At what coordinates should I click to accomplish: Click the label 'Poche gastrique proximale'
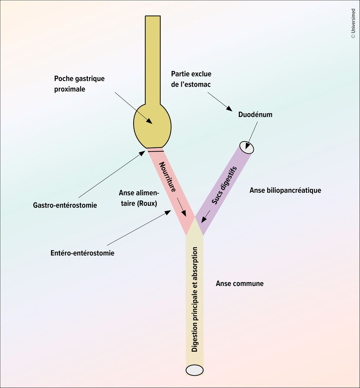79,84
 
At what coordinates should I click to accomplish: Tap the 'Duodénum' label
255,115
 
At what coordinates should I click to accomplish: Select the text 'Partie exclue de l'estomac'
191,79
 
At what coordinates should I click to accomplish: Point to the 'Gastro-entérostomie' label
65,205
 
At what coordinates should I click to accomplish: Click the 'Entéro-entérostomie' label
82,253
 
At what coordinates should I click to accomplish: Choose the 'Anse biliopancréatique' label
285,190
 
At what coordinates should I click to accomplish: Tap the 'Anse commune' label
239,284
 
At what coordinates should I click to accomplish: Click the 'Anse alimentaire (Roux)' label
139,198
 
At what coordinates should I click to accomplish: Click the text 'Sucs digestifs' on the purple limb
224,185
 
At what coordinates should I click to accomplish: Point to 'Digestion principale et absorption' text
195,299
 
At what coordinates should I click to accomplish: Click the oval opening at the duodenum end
246,147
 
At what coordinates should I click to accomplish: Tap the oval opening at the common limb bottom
194,370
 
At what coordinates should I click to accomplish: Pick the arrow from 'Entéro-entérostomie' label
139,228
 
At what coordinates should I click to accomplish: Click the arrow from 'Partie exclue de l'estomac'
220,102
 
